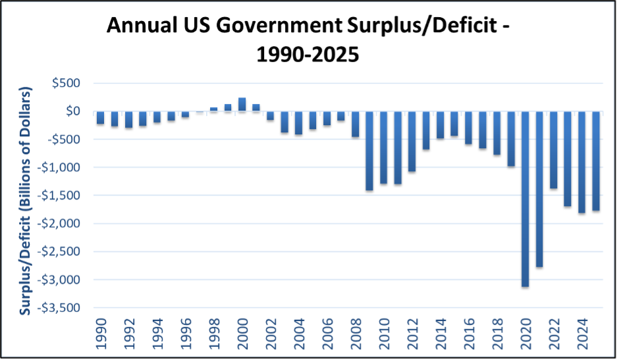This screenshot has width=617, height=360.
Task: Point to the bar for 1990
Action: coord(100,118)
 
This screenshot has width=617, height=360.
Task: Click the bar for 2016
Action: coord(468,128)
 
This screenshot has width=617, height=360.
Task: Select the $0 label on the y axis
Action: coord(72,111)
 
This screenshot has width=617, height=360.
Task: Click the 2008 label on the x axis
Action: coord(356,333)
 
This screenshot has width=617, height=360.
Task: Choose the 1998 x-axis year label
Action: coord(214,333)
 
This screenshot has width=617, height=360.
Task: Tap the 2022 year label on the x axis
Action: coord(554,333)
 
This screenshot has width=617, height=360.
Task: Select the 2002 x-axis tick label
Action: coord(271,333)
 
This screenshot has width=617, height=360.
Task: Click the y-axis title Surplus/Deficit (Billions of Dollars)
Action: coord(26,197)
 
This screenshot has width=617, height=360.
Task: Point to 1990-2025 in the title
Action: coord(308,53)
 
